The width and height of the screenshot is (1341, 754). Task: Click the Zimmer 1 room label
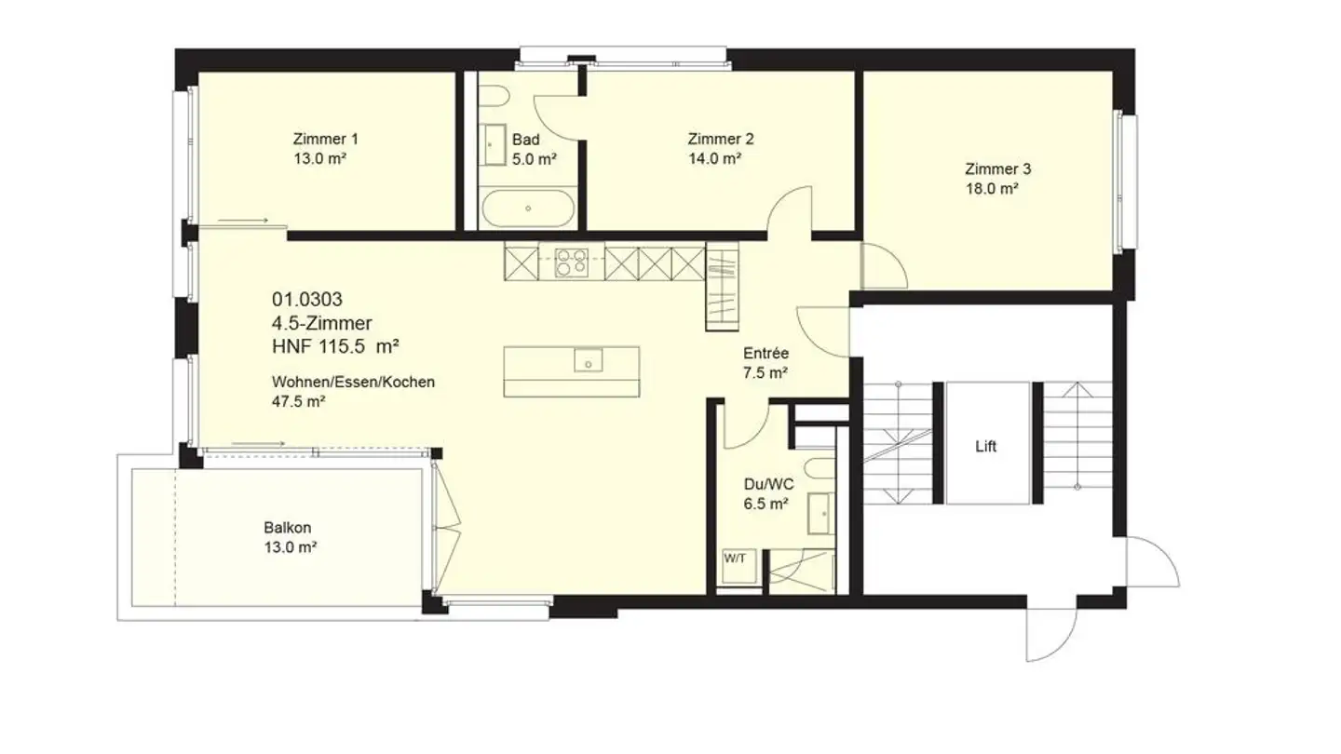325,140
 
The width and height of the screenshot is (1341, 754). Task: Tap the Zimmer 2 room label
720,140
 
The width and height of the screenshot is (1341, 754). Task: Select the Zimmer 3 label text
997,169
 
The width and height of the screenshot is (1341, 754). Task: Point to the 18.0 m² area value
992,188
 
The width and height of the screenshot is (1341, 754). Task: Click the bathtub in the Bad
527,209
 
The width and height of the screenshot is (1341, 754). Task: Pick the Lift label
986,447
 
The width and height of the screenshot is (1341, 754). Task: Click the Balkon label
288,529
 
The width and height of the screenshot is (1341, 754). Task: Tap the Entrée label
766,354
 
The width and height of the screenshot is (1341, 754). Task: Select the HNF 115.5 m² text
336,346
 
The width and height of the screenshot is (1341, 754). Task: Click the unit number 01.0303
307,300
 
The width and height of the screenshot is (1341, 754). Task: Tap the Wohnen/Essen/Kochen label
353,383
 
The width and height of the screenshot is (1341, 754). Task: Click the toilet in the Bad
494,99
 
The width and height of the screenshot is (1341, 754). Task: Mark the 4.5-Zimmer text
322,323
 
